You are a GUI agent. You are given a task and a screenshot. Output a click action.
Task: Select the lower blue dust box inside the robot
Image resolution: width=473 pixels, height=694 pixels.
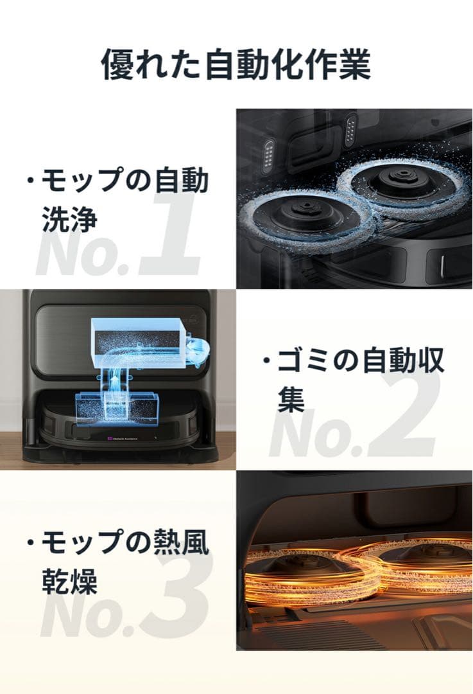113,405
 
